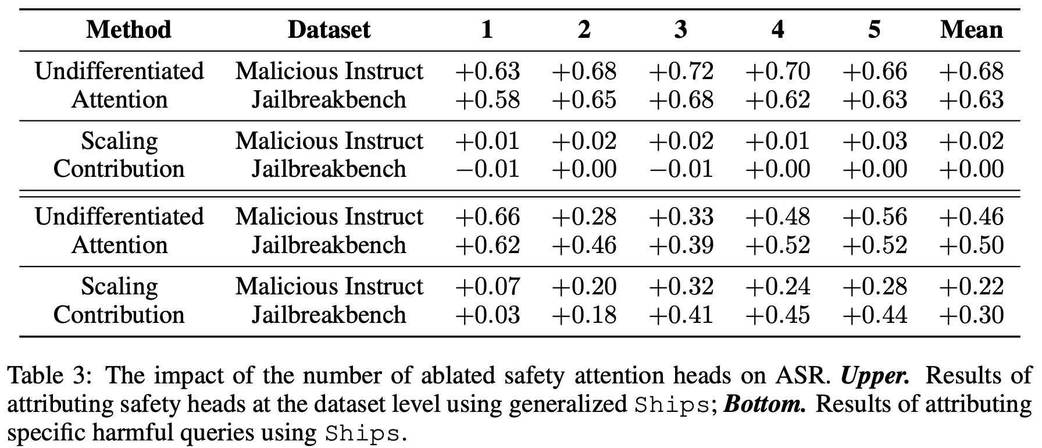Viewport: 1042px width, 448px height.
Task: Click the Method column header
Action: (x=129, y=30)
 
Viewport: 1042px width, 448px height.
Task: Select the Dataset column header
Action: (x=329, y=30)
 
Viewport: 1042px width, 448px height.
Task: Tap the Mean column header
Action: (x=971, y=30)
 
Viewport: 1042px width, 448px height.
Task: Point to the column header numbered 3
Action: (x=681, y=30)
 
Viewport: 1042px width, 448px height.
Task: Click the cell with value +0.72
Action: (x=681, y=72)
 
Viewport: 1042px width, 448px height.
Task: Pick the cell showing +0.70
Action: (x=777, y=72)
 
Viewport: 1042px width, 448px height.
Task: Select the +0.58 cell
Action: (x=487, y=99)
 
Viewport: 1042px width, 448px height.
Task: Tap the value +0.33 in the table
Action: (x=681, y=217)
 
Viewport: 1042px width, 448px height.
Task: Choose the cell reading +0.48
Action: (x=777, y=217)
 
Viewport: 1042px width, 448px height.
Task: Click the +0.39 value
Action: (x=681, y=245)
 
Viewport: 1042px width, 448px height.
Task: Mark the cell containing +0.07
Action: (x=487, y=286)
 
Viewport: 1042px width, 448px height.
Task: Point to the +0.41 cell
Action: (x=681, y=315)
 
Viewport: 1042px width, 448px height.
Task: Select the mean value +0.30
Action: (x=971, y=315)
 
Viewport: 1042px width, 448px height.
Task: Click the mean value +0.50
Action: (x=971, y=245)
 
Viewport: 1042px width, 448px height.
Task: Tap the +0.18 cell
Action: (x=584, y=315)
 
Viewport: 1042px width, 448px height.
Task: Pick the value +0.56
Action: (x=875, y=217)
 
